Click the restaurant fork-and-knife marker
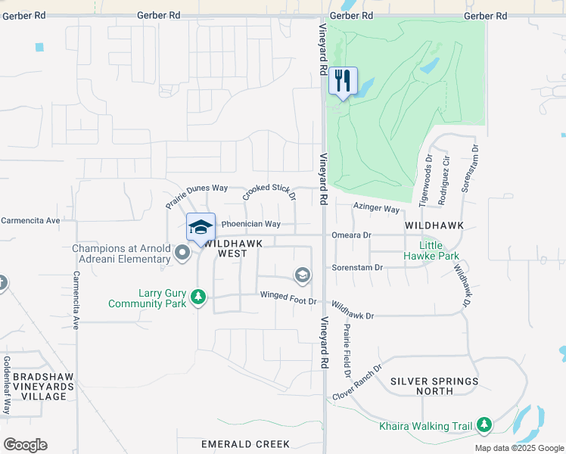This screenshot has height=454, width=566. (x=343, y=81)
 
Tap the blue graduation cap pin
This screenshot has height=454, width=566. (x=201, y=228)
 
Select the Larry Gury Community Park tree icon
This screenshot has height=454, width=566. (x=198, y=296)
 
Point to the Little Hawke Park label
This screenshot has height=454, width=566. (x=440, y=251)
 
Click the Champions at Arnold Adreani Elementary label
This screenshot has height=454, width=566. (x=121, y=253)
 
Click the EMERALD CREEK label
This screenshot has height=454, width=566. (x=246, y=444)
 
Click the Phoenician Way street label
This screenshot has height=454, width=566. (x=250, y=224)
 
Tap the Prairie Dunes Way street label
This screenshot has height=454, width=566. (x=197, y=197)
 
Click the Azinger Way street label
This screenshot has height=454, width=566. (x=376, y=208)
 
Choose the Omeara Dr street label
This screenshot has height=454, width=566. (x=352, y=235)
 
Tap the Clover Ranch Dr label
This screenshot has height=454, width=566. (x=357, y=385)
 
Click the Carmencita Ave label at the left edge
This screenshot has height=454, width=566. (x=30, y=221)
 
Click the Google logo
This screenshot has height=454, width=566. (x=26, y=444)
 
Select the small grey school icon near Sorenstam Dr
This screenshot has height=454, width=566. (x=303, y=275)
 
